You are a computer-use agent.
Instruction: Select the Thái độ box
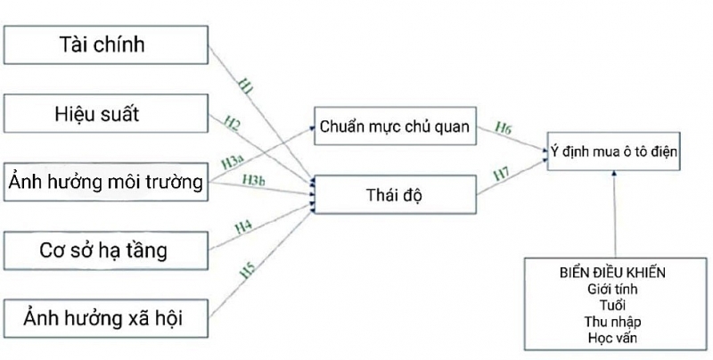click(393, 194)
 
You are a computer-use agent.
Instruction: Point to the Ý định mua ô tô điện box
click(614, 152)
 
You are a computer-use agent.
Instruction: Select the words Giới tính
click(615, 289)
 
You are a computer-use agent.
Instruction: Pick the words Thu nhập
click(615, 321)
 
